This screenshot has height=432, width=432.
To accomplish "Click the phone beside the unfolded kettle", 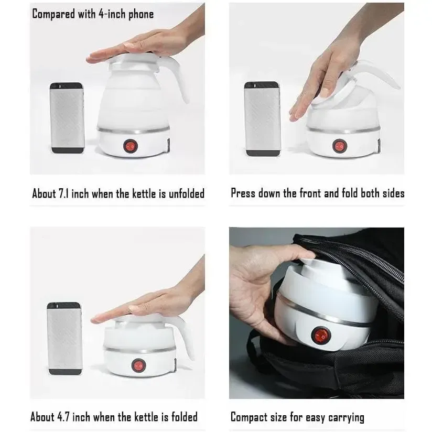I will [67, 117].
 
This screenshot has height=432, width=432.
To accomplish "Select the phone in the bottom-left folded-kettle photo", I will [64, 338].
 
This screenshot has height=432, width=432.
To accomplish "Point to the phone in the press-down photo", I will [262, 118].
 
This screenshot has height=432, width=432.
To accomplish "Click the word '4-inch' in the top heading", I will [111, 14].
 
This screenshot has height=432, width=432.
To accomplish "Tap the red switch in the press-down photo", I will [339, 146].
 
